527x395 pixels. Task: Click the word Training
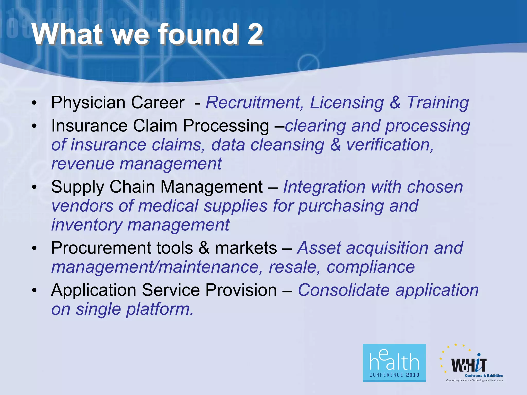coord(438,103)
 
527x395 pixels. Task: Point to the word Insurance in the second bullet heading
coord(89,126)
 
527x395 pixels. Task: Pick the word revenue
coord(83,164)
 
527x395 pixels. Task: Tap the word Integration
coord(324,187)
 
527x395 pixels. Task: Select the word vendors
coord(82,206)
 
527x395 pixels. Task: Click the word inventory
coord(87,225)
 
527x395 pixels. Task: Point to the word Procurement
coord(101,248)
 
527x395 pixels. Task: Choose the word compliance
coord(371,267)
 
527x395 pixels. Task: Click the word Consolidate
coord(344,290)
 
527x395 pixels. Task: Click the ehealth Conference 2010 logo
coord(394,363)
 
